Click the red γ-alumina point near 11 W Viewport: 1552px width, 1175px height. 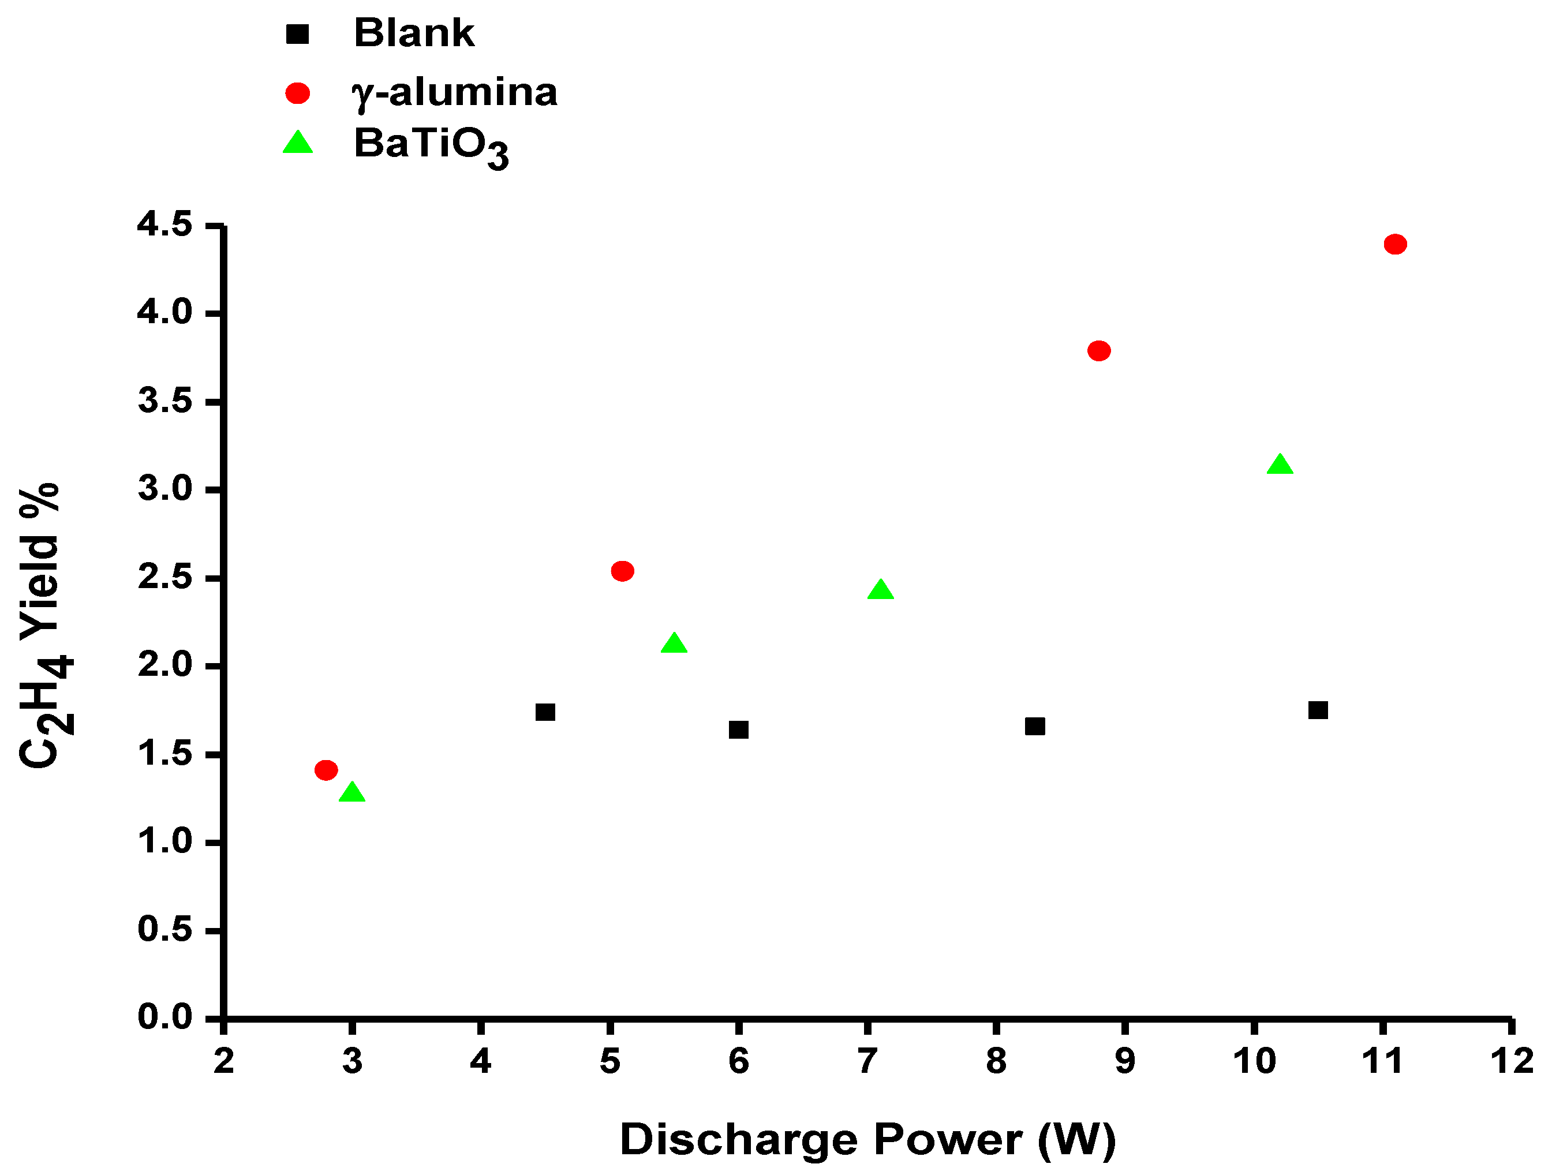[x=1395, y=244]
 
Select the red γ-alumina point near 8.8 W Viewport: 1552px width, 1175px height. [x=1099, y=351]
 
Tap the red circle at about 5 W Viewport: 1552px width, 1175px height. [x=622, y=571]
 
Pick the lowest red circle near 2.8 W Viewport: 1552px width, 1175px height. [x=326, y=770]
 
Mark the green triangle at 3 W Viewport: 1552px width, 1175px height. [x=351, y=794]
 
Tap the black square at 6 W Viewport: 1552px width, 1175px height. [x=738, y=730]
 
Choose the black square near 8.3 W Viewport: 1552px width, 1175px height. [x=1035, y=726]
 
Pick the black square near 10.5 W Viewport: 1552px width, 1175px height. [x=1318, y=710]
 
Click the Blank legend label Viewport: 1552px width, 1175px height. [x=414, y=33]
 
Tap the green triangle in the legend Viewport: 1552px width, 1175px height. [x=297, y=143]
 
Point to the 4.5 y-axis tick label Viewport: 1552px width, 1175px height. [x=165, y=225]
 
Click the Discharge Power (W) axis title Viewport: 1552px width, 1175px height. [x=867, y=1140]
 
